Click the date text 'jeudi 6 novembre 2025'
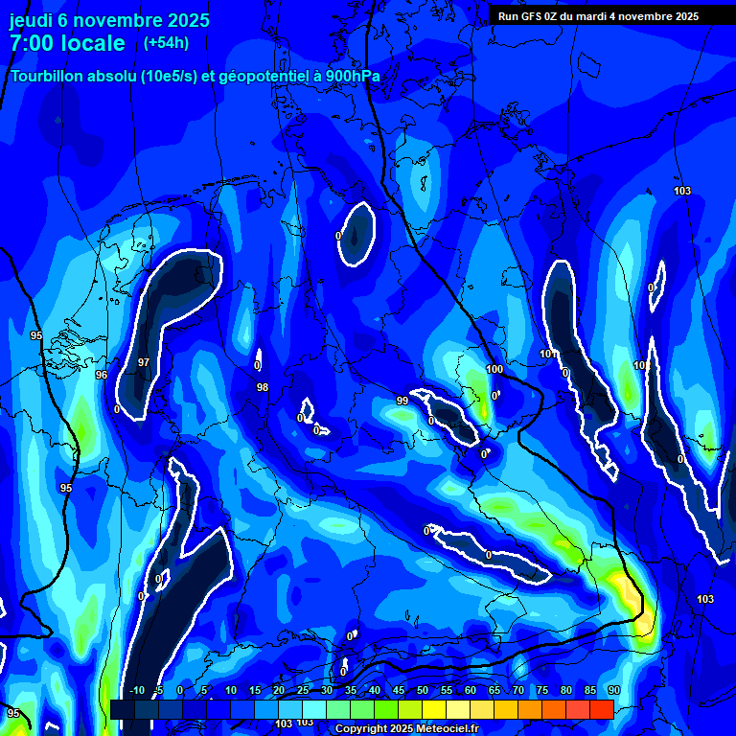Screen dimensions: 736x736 coord(109,20)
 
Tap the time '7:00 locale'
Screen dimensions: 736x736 coord(67,43)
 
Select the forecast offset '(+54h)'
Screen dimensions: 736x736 coord(166,43)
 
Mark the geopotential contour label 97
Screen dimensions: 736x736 coord(143,362)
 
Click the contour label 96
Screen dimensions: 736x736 coord(102,375)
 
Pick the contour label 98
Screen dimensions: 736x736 coord(263,387)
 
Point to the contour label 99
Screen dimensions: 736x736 coord(402,401)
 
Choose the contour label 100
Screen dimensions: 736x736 coord(494,369)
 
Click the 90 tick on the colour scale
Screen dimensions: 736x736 coord(614,690)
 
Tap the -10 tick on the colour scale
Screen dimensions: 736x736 coord(136,690)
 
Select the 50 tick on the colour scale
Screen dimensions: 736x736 coord(423,690)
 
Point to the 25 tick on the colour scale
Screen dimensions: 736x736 coord(303,690)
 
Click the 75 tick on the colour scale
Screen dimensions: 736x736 coord(542,690)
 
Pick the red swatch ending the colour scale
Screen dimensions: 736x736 coord(602,709)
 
